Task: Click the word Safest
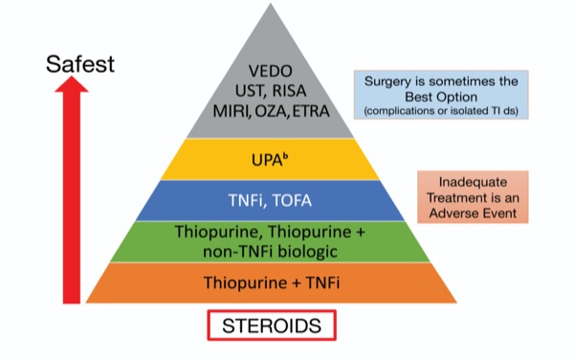(80, 65)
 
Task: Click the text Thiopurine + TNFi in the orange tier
(272, 282)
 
